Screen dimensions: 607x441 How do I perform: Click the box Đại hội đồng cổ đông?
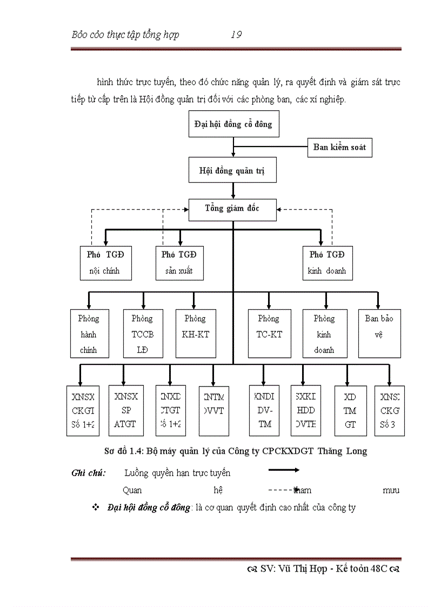(x=233, y=124)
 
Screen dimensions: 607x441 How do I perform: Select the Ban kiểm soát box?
(x=339, y=147)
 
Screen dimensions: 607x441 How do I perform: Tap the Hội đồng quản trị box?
(x=233, y=171)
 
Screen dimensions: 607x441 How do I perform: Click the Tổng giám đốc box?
(x=232, y=209)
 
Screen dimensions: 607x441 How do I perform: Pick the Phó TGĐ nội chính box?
(x=105, y=263)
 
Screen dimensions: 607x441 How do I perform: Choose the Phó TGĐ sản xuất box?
(x=179, y=263)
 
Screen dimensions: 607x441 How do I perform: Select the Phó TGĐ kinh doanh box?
(x=328, y=263)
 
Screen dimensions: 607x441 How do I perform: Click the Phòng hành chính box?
(x=89, y=333)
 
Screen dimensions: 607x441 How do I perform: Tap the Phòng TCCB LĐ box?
(x=143, y=333)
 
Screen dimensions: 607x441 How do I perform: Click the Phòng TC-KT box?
(x=269, y=333)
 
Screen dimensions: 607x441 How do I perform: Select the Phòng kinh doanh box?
(x=324, y=333)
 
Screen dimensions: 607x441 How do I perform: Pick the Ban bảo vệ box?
(x=379, y=333)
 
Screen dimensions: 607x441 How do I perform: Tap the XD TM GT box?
(x=350, y=411)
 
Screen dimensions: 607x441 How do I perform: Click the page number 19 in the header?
(x=236, y=35)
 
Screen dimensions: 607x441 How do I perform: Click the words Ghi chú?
(x=89, y=473)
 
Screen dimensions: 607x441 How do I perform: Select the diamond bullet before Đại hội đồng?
(x=96, y=508)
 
